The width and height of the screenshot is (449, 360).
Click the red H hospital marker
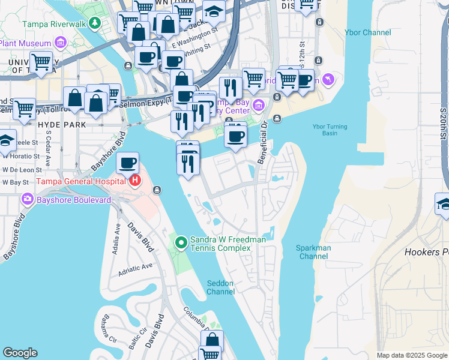coord(135,181)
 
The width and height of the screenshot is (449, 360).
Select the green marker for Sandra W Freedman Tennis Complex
coord(181,242)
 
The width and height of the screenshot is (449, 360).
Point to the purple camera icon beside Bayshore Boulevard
coord(27,199)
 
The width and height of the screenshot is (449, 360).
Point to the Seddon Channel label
coord(220,287)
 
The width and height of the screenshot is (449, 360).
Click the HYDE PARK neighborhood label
coord(61,125)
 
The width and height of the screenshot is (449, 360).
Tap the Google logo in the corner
coord(20,353)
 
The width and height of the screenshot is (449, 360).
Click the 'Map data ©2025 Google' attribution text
coord(412,355)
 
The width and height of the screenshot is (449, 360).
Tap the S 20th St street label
coord(443,126)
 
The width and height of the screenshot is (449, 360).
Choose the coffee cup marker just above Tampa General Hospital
coord(127,163)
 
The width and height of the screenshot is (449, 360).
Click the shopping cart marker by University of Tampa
coord(41,62)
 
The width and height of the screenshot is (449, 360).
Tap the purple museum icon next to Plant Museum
coord(60,43)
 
